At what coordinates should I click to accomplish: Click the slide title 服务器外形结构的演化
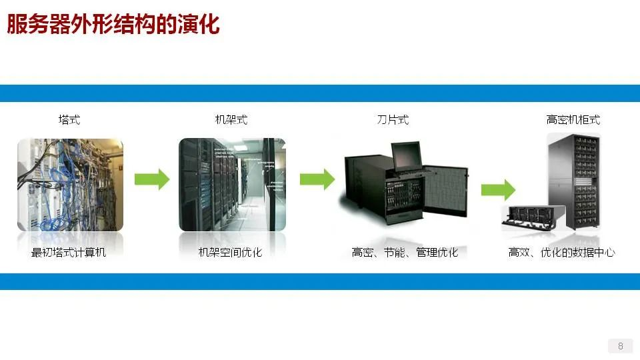tap(113, 25)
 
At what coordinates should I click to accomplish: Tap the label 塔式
tap(69, 120)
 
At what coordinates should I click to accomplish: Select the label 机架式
tap(231, 120)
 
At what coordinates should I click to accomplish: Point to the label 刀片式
tap(393, 120)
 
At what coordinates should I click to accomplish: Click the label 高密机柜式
tap(573, 120)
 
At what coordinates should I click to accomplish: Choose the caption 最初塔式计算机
tap(69, 253)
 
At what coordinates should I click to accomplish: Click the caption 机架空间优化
tap(231, 253)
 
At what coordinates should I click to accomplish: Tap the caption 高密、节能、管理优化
tap(405, 253)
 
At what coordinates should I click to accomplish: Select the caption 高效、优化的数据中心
tap(561, 253)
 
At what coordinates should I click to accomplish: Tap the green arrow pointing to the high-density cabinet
tap(498, 189)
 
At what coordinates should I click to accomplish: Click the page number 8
tap(621, 346)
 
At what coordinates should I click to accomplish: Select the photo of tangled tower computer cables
tap(70, 185)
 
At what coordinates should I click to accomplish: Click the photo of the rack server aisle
tap(232, 185)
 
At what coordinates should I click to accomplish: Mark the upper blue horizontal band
tap(320, 93)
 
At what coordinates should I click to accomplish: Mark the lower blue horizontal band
tap(320, 281)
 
